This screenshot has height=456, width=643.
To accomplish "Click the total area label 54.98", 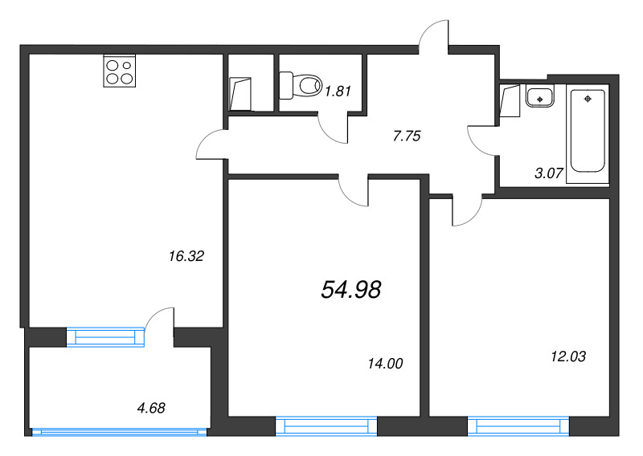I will [x=350, y=290].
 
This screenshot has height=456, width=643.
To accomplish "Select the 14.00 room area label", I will [x=384, y=364].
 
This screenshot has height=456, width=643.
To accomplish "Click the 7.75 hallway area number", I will [x=407, y=136].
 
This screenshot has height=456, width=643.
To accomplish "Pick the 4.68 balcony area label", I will [x=150, y=409].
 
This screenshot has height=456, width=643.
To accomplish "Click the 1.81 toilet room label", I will [x=338, y=91].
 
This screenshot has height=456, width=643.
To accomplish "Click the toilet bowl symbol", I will [x=297, y=83].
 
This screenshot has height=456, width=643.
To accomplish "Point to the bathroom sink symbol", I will [x=538, y=97].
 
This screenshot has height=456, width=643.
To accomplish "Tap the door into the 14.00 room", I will [x=353, y=188].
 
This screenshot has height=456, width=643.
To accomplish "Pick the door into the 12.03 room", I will [x=465, y=210].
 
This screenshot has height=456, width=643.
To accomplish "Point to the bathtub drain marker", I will [x=588, y=99].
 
